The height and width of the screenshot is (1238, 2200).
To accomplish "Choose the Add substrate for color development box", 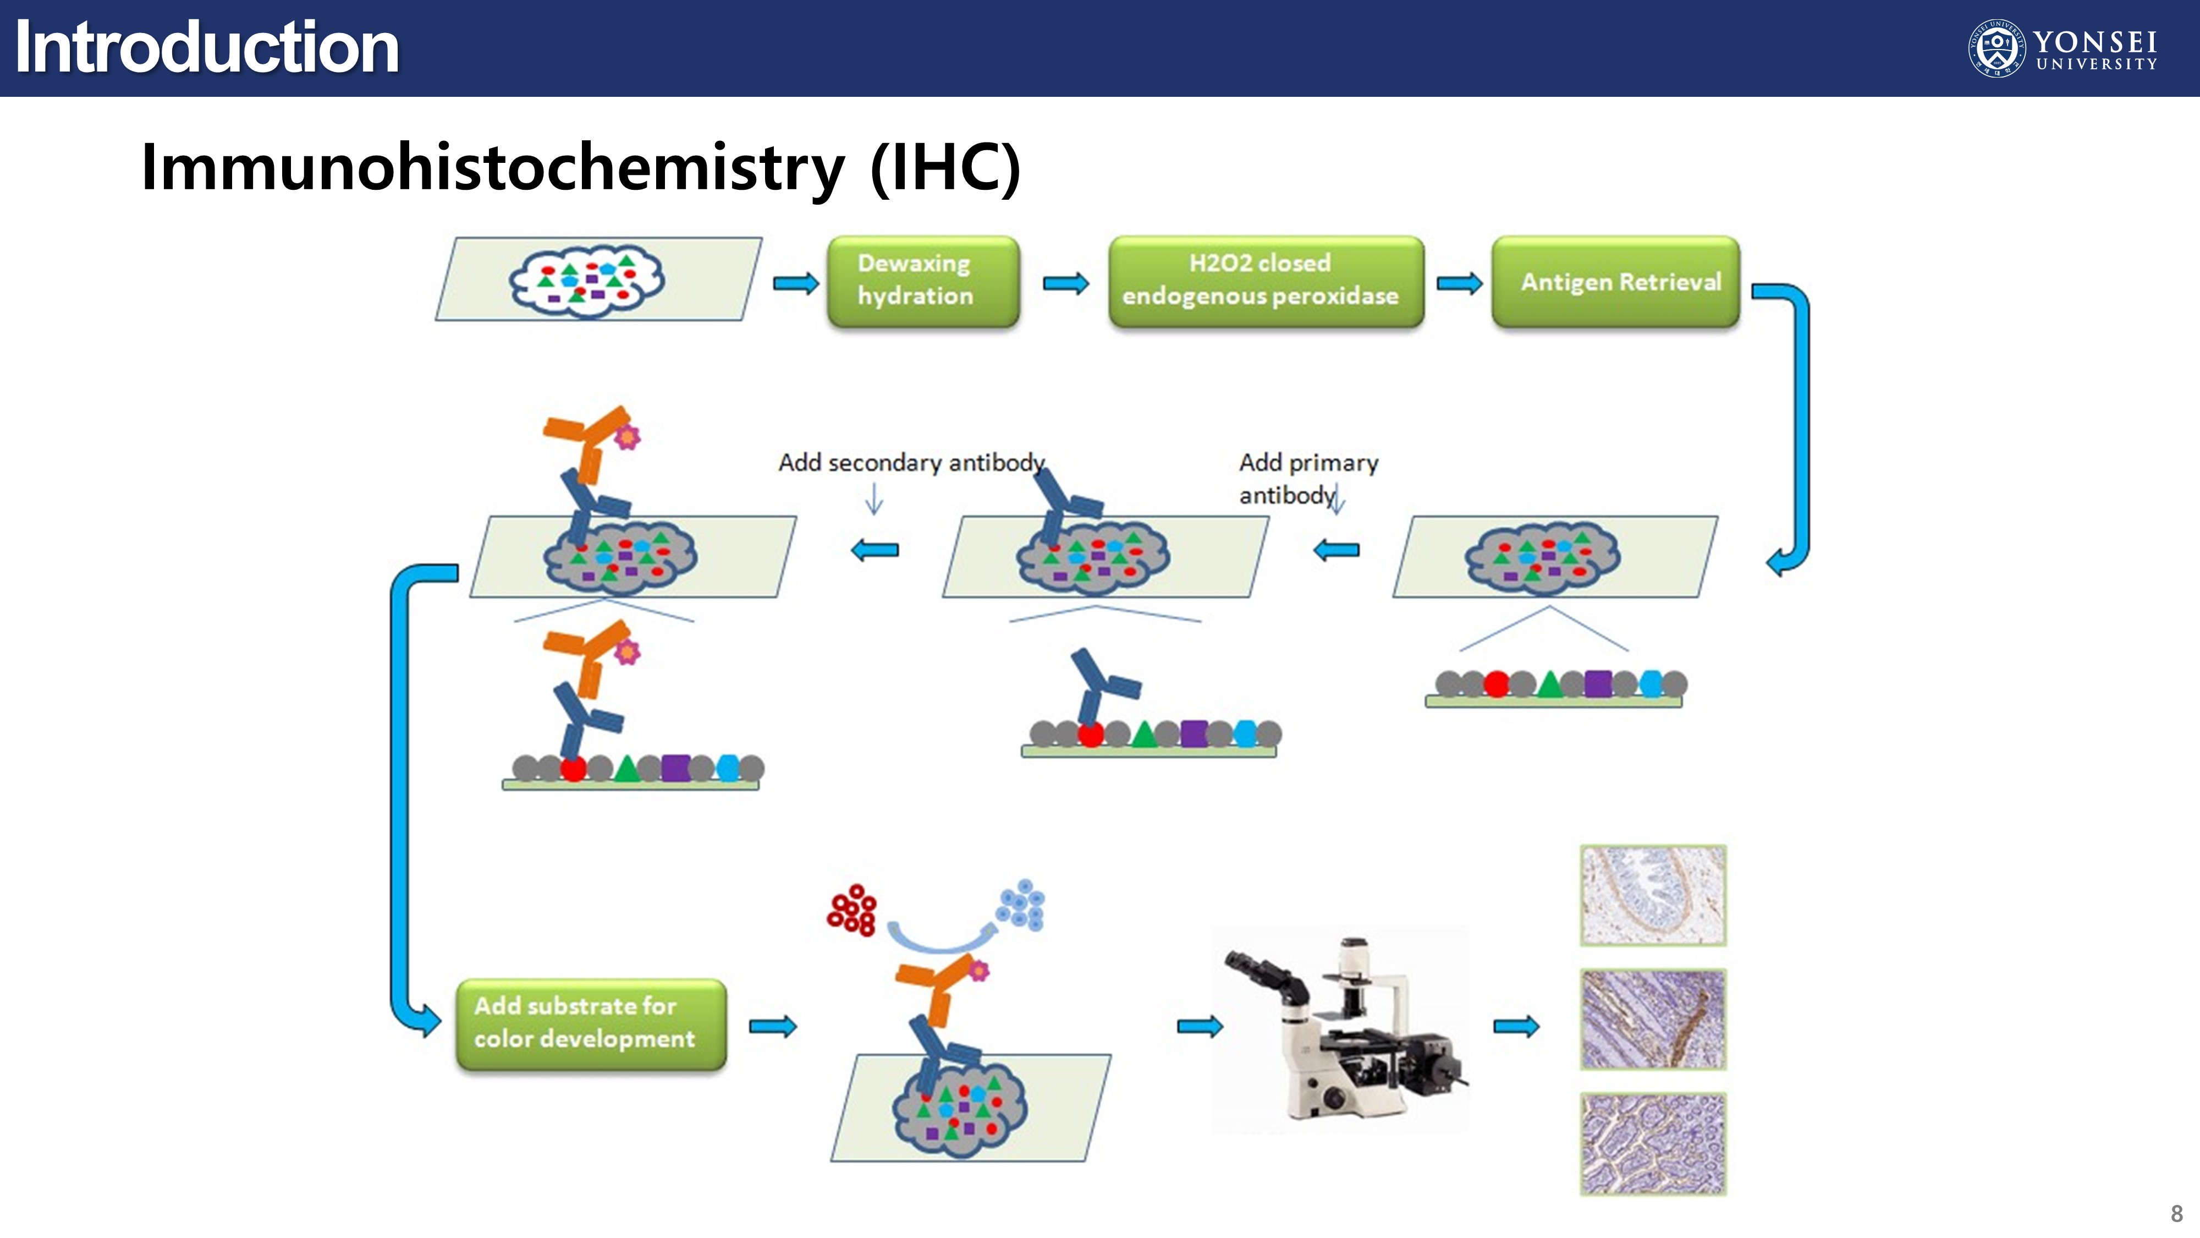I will coord(591,1023).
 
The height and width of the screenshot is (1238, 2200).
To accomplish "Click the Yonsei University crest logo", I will coord(1996,48).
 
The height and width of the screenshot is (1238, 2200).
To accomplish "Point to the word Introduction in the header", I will coord(207,48).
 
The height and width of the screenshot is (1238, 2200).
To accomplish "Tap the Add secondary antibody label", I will coord(911,462).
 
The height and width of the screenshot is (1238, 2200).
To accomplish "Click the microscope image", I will coord(1340,1029).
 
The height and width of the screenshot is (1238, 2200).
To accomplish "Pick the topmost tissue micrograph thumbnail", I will coord(1653,895).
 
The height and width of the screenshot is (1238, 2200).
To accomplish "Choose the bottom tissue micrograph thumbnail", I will coord(1653,1143).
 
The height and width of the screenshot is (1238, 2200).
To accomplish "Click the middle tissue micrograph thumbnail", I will coord(1653,1018).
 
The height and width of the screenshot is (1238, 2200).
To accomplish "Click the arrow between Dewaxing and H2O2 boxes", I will coord(1065,283).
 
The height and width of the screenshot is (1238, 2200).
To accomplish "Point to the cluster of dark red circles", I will coord(851,910).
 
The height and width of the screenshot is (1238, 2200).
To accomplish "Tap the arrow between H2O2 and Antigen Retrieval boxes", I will coord(1459,283).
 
